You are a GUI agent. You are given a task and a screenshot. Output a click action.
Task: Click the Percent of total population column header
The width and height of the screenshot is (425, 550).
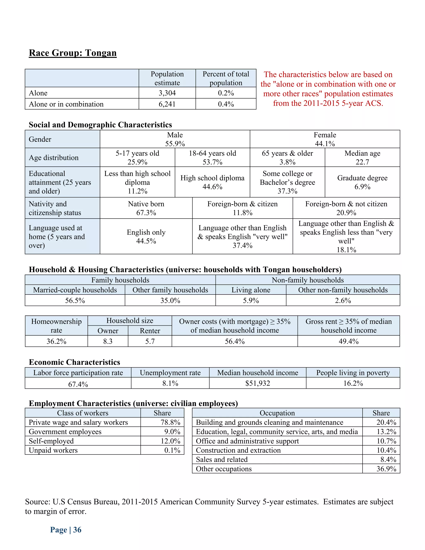(x=226, y=78)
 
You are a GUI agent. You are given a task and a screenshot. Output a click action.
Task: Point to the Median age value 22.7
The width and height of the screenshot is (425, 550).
(x=362, y=162)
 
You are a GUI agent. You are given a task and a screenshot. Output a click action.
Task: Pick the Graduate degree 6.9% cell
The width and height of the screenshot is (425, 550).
(x=362, y=182)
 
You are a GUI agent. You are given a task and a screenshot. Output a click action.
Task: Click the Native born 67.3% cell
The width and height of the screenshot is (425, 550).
(x=146, y=208)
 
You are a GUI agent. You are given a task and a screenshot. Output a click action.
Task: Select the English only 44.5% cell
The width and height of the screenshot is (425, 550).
(x=146, y=236)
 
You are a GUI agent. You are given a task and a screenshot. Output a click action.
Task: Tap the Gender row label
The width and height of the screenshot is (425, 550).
(x=40, y=139)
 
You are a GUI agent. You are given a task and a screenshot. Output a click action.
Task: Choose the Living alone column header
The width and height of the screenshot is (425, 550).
(x=251, y=290)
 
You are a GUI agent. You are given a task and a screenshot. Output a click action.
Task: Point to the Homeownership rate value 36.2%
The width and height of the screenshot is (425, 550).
(x=56, y=341)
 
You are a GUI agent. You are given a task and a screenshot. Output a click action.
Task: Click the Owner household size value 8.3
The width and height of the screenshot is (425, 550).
(x=108, y=341)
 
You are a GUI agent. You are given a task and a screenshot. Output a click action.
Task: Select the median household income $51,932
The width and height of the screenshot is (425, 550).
(x=258, y=383)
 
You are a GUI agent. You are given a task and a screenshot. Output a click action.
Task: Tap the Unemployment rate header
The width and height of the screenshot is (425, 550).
(x=170, y=373)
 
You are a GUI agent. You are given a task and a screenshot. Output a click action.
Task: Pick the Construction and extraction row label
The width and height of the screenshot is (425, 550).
(x=238, y=450)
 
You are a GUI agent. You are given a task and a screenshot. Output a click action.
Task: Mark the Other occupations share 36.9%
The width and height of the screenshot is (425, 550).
(x=386, y=469)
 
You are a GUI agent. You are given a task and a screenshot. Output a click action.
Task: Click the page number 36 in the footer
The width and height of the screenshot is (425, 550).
(x=77, y=530)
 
